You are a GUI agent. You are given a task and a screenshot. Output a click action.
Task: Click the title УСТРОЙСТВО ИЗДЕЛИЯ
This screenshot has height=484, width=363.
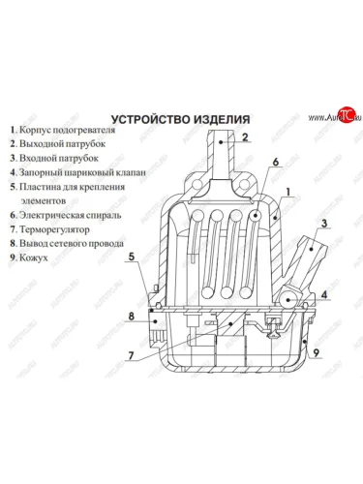(180, 119)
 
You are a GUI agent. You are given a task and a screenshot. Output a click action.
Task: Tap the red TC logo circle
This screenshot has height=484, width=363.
(347, 114)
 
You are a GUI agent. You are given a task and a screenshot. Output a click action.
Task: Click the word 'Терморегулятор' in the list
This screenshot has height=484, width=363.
(54, 229)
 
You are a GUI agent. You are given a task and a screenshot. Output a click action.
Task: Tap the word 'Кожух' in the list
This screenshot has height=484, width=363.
(34, 257)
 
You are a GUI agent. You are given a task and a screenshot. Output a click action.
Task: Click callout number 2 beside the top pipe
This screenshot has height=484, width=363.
(245, 137)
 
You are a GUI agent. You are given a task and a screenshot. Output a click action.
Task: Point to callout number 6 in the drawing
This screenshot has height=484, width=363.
(275, 162)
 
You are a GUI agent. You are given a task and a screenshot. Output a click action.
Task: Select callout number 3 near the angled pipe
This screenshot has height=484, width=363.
(323, 223)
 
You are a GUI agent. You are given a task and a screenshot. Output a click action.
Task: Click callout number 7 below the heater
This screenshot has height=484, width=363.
(131, 355)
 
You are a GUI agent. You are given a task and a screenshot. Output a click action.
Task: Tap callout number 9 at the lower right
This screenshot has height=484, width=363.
(317, 352)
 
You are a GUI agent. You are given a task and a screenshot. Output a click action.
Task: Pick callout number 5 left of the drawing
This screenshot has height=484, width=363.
(132, 257)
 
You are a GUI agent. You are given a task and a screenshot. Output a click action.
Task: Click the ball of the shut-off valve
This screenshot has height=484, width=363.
(287, 300)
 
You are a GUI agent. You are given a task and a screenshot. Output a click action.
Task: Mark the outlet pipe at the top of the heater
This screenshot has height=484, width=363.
(221, 155)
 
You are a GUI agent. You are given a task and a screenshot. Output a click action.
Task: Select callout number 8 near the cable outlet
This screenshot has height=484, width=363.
(131, 316)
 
